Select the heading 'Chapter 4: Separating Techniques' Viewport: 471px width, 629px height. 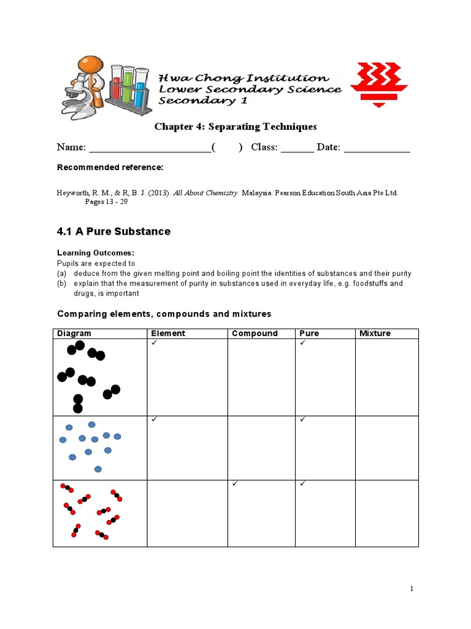[x=235, y=127]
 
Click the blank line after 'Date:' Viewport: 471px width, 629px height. [x=377, y=148]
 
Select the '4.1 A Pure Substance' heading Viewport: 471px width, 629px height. [x=113, y=232]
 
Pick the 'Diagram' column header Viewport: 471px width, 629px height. [x=74, y=334]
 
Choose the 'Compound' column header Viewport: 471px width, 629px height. [x=255, y=334]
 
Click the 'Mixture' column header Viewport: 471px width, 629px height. [x=375, y=334]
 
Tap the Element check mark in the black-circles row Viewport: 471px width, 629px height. [x=155, y=343]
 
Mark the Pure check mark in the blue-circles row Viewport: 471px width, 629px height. [x=303, y=420]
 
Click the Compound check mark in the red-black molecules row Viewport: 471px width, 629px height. [x=235, y=484]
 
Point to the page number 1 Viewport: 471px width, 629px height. [x=412, y=589]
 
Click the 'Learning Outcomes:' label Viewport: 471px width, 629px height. [x=95, y=253]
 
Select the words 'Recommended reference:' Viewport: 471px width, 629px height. [x=110, y=168]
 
